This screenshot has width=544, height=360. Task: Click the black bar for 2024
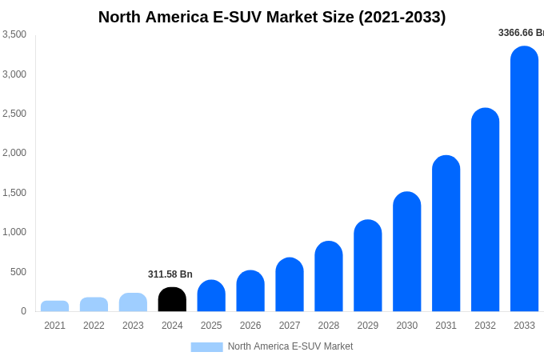click(172, 300)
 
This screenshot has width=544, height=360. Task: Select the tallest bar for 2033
click(524, 180)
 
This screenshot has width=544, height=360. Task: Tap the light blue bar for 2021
click(54, 306)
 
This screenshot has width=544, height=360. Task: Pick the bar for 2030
click(406, 252)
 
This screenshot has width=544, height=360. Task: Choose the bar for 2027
click(290, 285)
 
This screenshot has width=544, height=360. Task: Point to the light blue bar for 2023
click(133, 302)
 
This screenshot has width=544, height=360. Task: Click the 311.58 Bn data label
click(170, 274)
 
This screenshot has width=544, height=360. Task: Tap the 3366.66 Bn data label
click(521, 33)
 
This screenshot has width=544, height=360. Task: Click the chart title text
click(272, 17)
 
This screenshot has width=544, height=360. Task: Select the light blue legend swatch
click(206, 346)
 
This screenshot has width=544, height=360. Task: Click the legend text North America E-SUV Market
click(290, 346)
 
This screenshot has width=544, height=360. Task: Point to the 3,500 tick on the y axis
click(14, 34)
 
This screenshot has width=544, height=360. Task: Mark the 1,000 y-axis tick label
click(14, 232)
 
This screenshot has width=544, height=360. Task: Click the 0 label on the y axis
click(23, 311)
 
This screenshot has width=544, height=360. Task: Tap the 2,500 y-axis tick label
click(14, 114)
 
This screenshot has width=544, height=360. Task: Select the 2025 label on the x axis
click(211, 326)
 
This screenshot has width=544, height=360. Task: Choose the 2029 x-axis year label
click(368, 326)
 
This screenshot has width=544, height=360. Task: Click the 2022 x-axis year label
click(94, 326)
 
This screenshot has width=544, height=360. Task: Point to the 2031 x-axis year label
click(446, 326)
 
